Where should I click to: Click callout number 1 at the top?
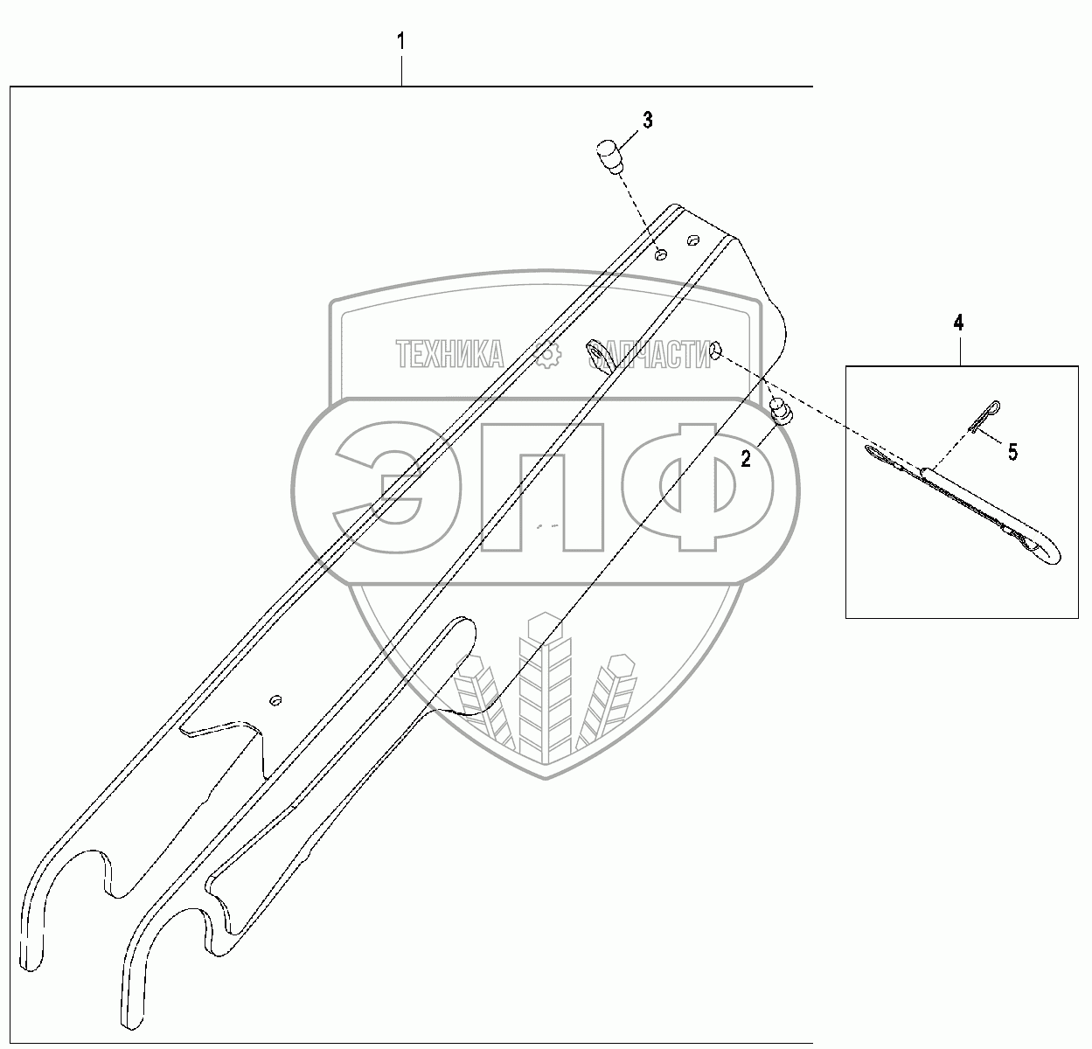tap(401, 42)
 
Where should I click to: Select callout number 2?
tap(746, 458)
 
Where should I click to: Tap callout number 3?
tap(647, 121)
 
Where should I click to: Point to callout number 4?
tap(958, 323)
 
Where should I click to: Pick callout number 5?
tap(1012, 452)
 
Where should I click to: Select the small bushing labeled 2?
tap(780, 410)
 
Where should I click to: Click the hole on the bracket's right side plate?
tap(717, 350)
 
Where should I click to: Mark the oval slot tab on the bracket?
tap(597, 354)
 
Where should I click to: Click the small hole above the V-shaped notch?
tap(275, 700)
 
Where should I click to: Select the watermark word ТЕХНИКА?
tap(450, 355)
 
